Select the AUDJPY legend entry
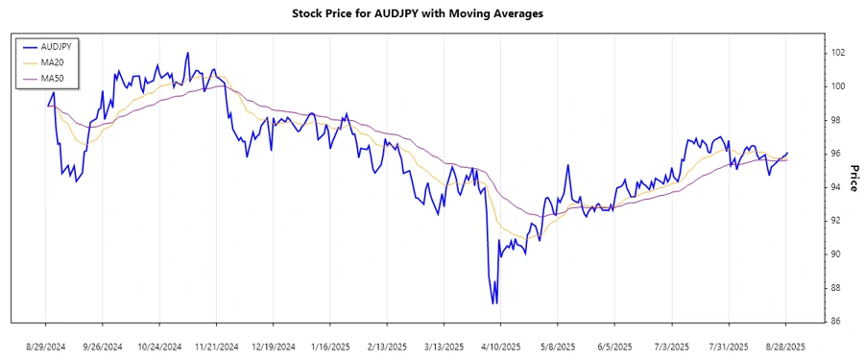54,45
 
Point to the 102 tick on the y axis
838,53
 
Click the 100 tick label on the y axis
838,86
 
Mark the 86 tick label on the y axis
836,321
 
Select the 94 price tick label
836,187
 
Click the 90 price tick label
836,253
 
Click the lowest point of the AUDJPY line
494,303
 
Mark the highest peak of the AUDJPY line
188,53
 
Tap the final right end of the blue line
787,153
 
